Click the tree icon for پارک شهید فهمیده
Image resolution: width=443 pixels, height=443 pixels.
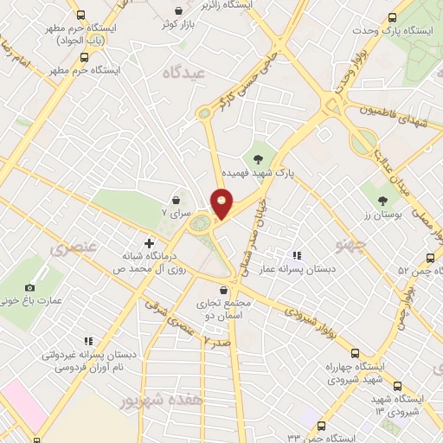258,157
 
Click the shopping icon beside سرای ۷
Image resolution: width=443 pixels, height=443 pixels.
177,199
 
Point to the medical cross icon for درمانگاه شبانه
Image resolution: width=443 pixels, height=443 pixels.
149,243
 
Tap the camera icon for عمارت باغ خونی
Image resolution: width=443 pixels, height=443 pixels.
30,287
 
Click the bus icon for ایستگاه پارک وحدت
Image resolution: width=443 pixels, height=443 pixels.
393,17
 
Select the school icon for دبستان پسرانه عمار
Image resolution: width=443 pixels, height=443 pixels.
297,255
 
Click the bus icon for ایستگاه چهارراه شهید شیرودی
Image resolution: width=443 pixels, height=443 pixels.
356,353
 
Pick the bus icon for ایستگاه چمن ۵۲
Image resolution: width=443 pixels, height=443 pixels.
431,258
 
